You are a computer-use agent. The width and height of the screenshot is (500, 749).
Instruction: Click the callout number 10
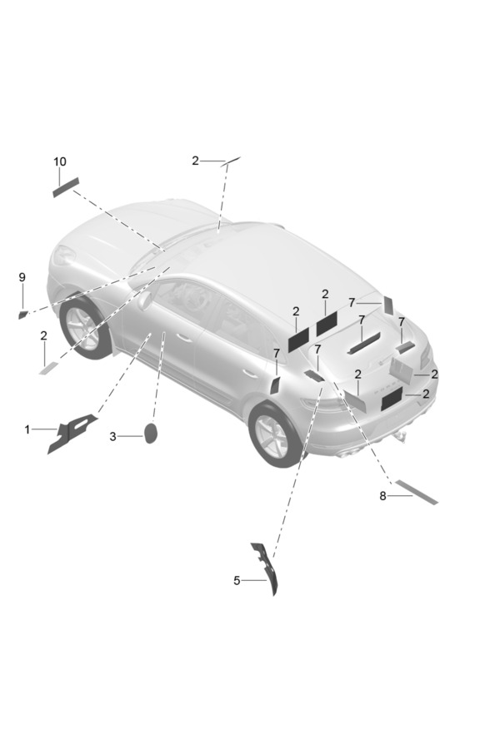point(60,161)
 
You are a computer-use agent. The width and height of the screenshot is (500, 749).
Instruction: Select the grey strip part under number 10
point(66,187)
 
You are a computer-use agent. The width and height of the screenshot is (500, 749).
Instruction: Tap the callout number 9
point(22,277)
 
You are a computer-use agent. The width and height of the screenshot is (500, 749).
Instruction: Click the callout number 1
point(27,429)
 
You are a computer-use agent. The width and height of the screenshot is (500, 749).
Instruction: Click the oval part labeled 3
point(150,433)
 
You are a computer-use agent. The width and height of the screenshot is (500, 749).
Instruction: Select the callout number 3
point(113,437)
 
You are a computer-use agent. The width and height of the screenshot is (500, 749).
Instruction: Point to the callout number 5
point(237,580)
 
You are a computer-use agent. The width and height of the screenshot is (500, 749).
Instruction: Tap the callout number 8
point(382,496)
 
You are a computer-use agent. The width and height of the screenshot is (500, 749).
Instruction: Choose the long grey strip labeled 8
point(417,492)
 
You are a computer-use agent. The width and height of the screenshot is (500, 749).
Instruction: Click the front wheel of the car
point(83,328)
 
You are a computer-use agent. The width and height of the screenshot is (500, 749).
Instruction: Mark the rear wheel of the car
point(273,435)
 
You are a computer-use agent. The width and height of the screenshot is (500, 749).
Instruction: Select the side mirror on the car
point(144,300)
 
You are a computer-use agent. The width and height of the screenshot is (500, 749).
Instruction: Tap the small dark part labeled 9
point(22,315)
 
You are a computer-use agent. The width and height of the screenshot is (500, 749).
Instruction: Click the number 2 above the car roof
point(195,161)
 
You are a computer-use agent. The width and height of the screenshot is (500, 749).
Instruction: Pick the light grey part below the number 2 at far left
point(48,368)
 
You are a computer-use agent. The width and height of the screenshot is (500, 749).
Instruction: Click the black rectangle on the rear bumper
point(392,399)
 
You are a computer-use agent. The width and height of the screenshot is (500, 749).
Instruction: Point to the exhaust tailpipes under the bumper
point(349,454)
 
